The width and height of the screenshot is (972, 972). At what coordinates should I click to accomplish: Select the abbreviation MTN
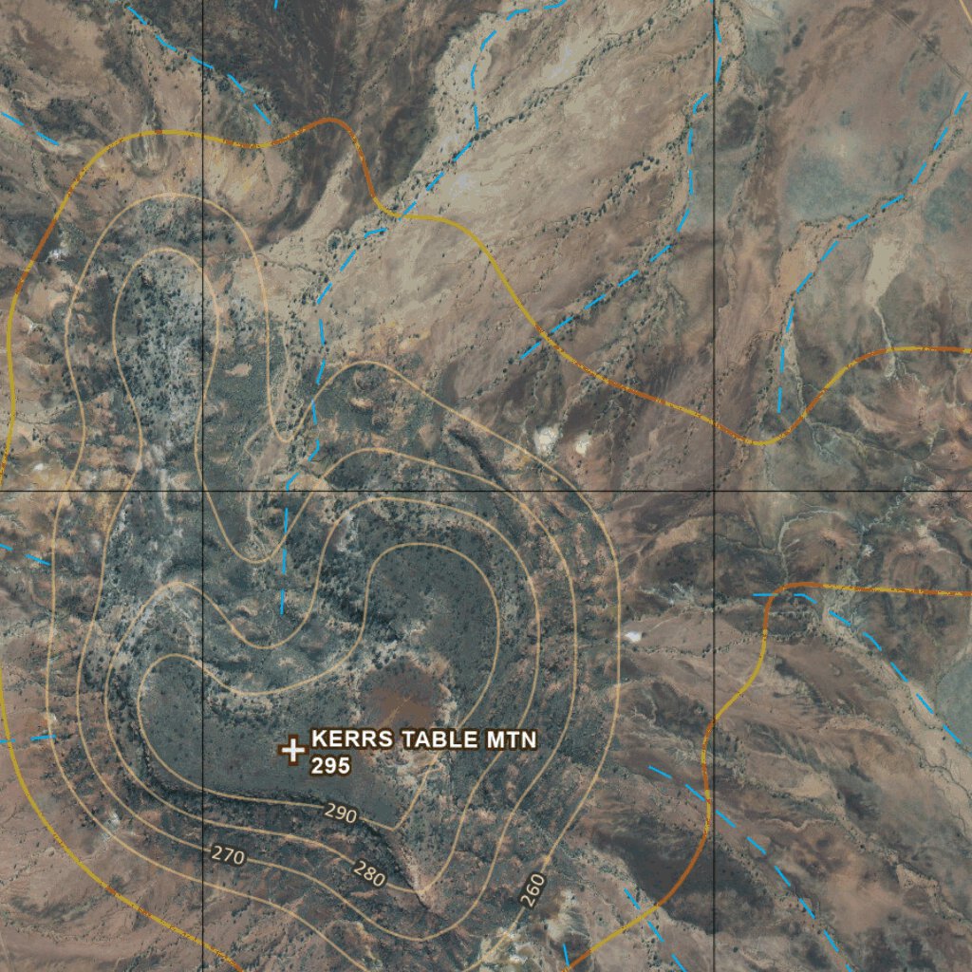click(512, 739)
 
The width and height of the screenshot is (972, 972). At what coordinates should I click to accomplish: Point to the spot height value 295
click(330, 765)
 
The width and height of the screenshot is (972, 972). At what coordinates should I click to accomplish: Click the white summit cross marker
click(293, 750)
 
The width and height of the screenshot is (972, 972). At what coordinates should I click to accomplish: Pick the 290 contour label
click(340, 813)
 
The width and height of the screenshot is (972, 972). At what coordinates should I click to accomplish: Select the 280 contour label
click(369, 873)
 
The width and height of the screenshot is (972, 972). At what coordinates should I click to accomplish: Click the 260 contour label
click(533, 890)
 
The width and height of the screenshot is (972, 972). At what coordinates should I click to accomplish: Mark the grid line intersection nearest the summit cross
click(203, 491)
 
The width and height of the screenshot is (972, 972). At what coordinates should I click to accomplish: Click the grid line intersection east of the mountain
click(714, 491)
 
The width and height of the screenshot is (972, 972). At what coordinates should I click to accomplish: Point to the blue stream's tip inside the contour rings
click(282, 610)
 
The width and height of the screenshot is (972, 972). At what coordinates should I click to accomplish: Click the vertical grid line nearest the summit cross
click(203, 664)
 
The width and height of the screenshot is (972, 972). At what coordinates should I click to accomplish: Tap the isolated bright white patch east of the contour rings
click(630, 634)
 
